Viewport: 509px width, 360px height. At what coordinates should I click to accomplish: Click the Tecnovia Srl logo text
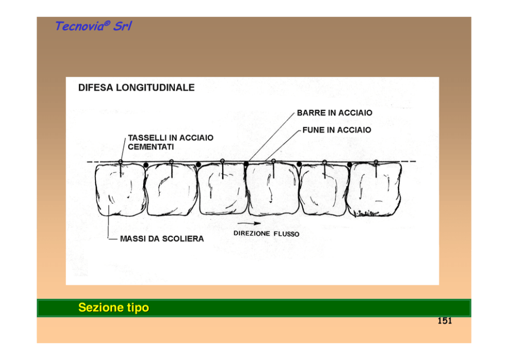93,26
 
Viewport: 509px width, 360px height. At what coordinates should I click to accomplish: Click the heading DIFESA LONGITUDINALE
136,88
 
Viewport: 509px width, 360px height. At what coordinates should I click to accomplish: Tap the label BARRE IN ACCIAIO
335,113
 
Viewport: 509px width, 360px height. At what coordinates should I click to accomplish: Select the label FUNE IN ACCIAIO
337,130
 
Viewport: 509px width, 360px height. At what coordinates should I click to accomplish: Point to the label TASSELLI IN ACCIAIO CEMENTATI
170,142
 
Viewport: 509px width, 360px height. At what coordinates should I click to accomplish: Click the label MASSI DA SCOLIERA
162,239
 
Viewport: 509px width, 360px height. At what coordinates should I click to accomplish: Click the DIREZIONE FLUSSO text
266,234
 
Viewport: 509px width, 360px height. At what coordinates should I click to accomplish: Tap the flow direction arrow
249,223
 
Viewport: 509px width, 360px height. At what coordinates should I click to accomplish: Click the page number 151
445,320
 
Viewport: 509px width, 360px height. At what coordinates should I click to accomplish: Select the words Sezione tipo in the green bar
113,308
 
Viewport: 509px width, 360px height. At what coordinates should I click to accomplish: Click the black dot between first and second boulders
146,165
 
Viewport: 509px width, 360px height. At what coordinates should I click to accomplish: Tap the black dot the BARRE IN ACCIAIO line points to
246,164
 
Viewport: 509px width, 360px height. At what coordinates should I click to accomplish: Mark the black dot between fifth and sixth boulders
349,165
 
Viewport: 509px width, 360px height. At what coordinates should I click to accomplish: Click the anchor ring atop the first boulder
121,161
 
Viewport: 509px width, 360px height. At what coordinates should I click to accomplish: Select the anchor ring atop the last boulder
376,161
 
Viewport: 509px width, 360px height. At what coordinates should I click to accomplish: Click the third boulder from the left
223,189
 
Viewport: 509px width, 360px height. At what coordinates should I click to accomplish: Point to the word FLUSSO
286,234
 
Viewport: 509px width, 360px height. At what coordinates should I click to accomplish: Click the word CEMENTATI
151,147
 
